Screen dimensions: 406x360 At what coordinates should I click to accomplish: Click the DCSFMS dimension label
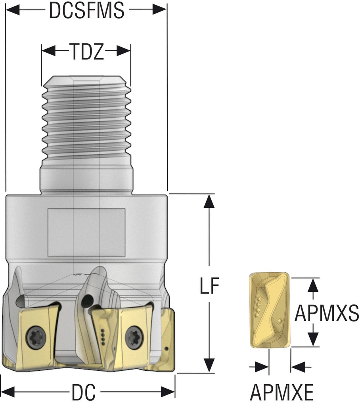86,11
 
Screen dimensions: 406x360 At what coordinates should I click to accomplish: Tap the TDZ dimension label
86,51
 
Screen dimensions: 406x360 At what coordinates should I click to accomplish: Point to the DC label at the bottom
84,393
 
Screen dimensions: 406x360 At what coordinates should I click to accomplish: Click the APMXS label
327,314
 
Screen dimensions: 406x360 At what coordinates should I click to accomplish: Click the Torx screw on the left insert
33,337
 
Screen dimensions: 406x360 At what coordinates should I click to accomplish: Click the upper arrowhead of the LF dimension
209,202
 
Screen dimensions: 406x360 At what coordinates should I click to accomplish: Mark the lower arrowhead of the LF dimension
209,365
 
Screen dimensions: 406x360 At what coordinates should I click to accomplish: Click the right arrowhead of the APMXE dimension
297,366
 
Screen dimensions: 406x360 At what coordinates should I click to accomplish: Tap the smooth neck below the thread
86,180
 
